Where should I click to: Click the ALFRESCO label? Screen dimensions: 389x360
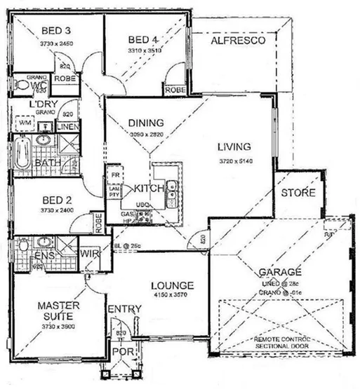pos(237,42)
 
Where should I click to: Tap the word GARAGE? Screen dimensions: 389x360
pos(280,272)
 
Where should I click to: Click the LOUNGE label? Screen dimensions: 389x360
pos(172,286)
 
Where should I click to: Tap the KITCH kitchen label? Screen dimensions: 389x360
pos(149,188)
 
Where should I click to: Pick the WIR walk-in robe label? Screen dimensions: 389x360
pos(88,254)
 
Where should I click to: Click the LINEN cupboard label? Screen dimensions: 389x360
pos(67,127)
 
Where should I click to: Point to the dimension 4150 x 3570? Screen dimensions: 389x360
pos(171,296)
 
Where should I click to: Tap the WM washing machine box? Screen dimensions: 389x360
pos(25,123)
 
